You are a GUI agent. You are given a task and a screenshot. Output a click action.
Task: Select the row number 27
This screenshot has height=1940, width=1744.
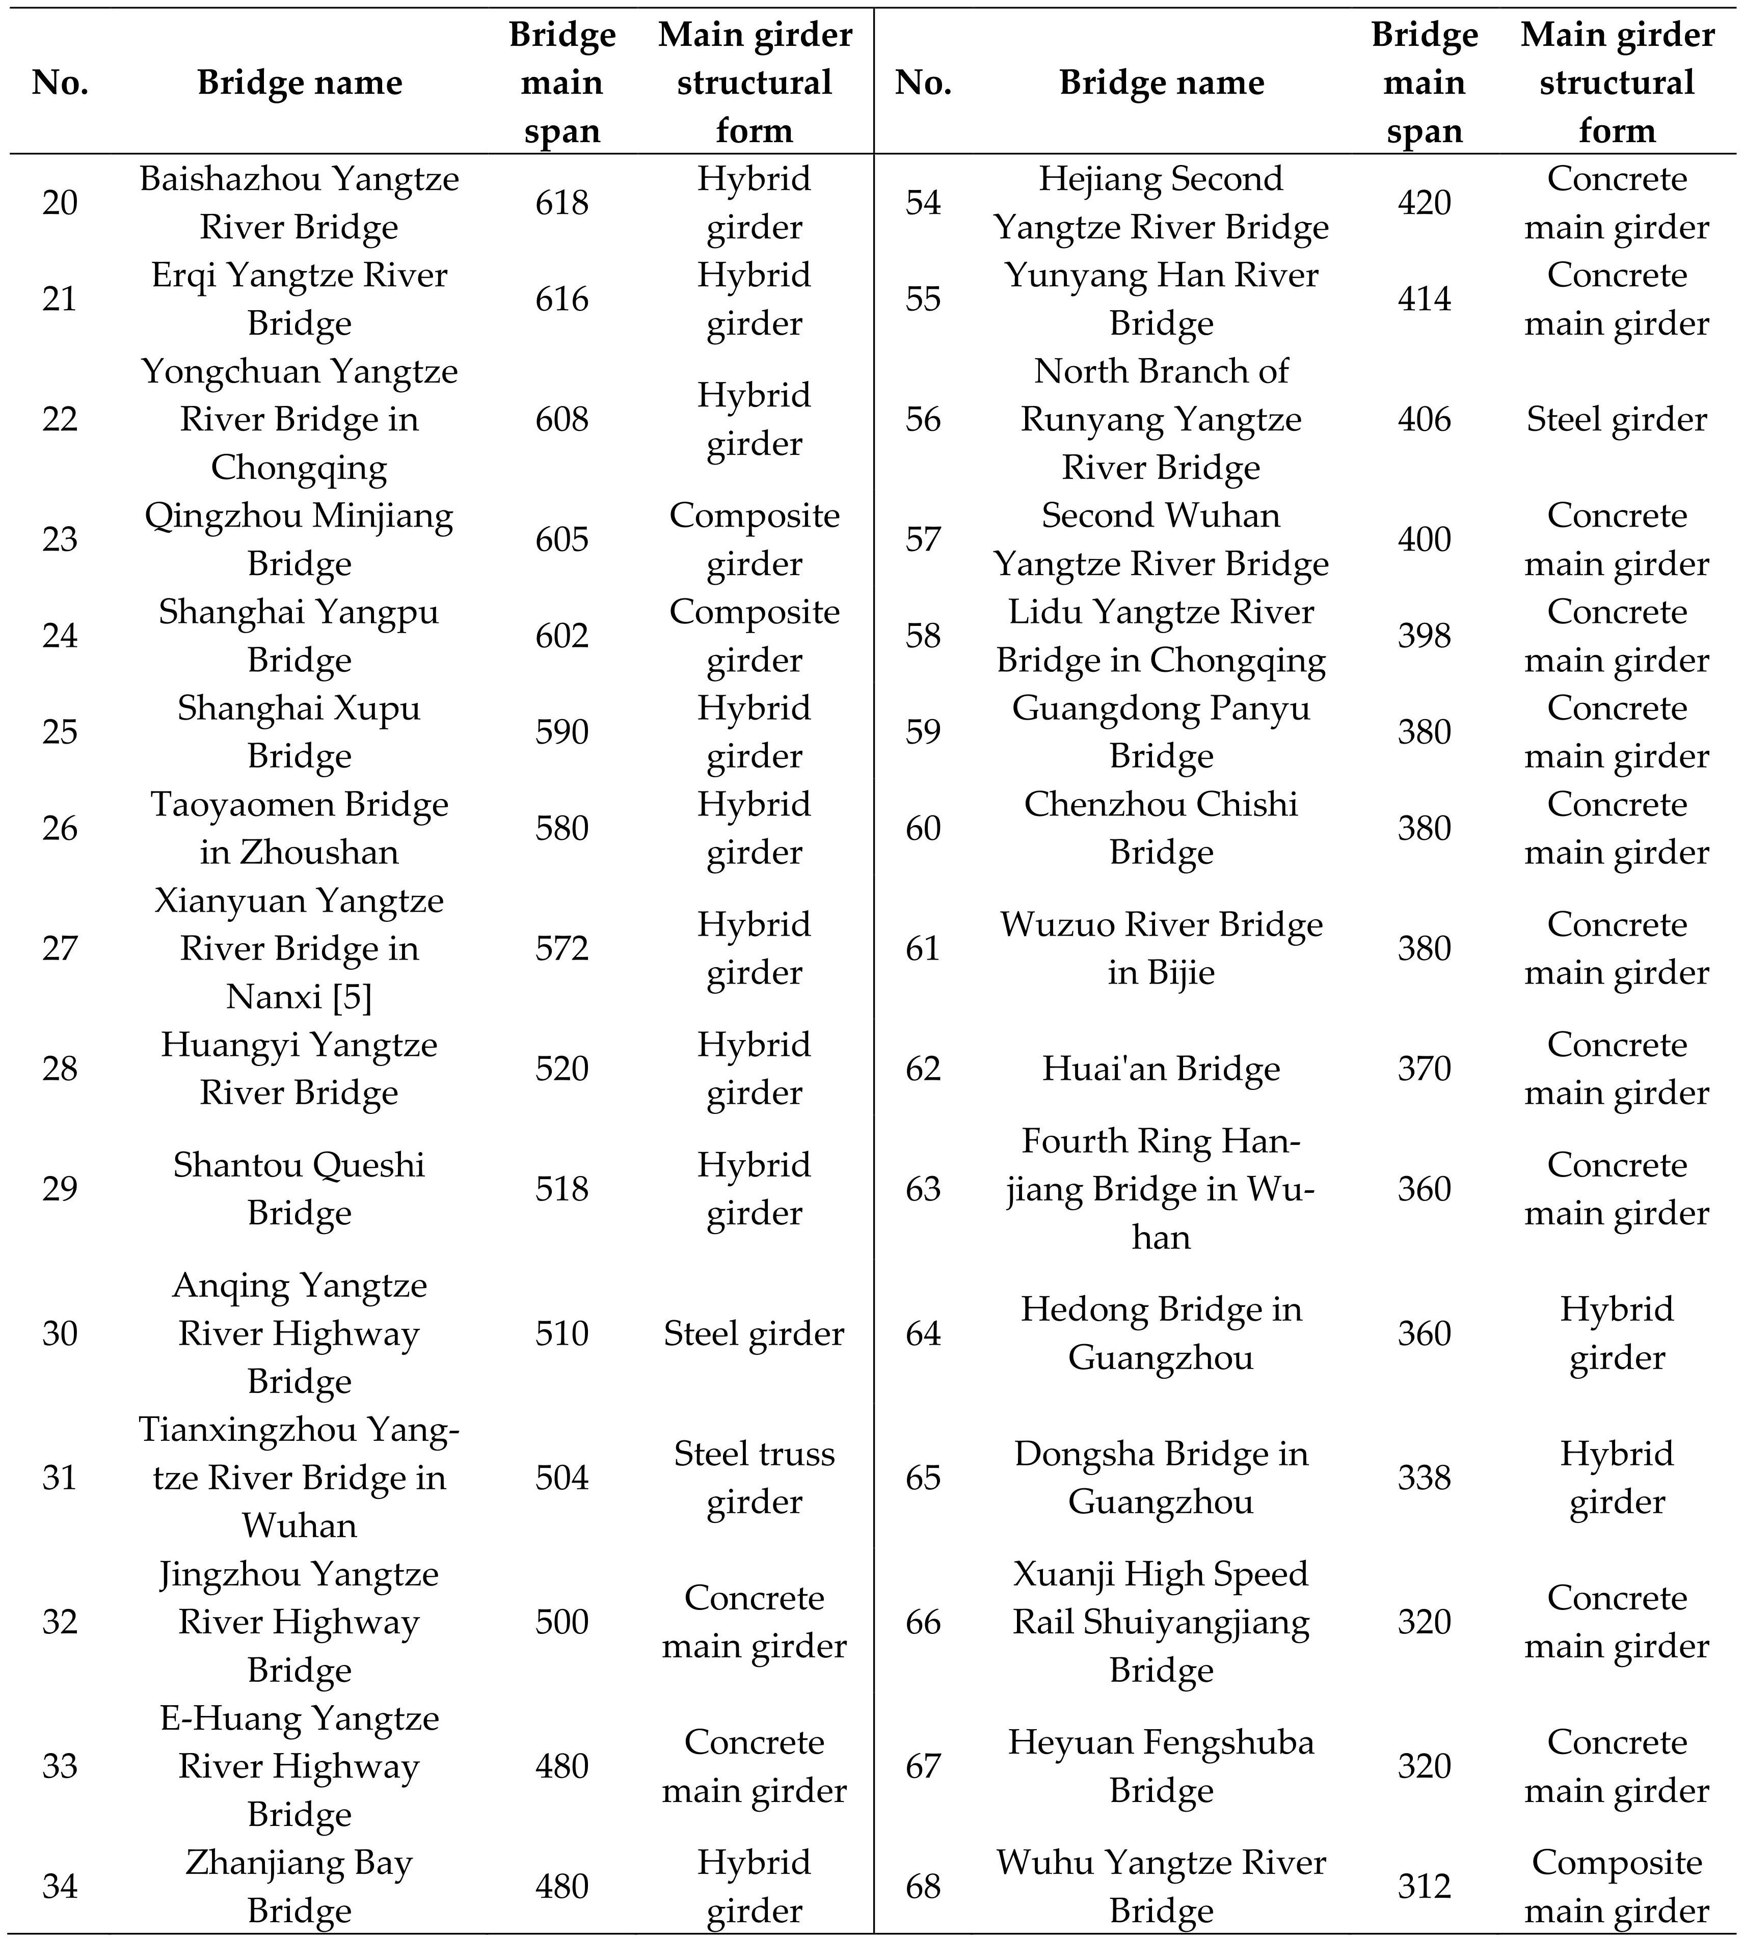(x=60, y=948)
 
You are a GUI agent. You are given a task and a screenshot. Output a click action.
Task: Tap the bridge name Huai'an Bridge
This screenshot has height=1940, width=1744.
(x=1161, y=1068)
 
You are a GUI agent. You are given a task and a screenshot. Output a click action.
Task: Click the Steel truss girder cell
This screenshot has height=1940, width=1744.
(x=754, y=1477)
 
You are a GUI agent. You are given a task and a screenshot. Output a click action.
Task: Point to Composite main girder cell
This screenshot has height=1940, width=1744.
(x=1617, y=1887)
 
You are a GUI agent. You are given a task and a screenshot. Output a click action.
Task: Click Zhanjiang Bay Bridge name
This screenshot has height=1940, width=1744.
(x=299, y=1887)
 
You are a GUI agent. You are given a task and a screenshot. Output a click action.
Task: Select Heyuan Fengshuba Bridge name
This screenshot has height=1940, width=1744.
(x=1161, y=1766)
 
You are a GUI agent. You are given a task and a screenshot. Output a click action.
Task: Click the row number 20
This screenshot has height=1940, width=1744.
(x=60, y=203)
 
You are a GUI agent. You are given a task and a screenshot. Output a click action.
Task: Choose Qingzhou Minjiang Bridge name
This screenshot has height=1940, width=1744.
(x=299, y=539)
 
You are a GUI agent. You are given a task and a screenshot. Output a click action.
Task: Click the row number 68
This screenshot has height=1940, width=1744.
(x=923, y=1887)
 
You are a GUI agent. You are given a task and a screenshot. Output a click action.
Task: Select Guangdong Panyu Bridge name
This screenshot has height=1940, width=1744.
(x=1161, y=732)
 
